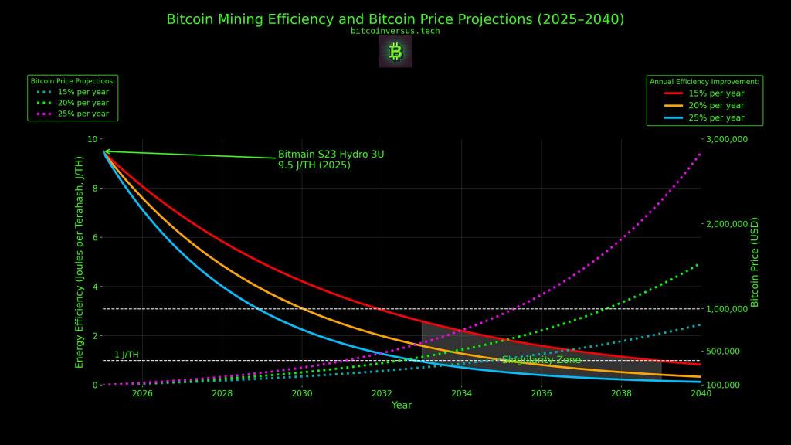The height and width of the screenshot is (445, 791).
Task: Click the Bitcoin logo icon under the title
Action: (395, 52)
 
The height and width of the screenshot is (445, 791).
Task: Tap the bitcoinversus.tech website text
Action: (395, 31)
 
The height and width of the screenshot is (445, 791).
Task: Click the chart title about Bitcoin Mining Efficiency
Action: (395, 19)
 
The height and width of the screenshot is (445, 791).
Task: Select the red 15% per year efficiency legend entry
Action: (704, 93)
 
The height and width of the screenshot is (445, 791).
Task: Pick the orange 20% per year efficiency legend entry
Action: (704, 106)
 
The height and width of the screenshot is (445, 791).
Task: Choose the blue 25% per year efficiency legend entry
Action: (704, 118)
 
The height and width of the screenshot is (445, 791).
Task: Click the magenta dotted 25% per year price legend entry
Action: (73, 114)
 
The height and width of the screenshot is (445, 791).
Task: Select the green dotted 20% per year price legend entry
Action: (73, 103)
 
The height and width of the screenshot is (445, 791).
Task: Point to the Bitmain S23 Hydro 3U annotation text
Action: (331, 159)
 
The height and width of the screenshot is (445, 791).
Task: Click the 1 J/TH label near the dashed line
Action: (127, 355)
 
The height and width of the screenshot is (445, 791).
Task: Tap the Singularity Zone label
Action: (541, 360)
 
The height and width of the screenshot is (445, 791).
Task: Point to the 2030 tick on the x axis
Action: (302, 394)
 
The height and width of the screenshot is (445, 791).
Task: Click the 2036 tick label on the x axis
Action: (541, 394)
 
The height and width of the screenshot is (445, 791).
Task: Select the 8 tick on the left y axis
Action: (93, 189)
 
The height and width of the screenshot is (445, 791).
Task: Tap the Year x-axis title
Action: (402, 406)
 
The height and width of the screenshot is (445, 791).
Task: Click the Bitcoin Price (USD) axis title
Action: (755, 262)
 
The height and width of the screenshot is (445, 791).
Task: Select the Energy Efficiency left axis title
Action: (79, 262)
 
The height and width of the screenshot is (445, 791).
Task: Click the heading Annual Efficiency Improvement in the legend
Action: (704, 81)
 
